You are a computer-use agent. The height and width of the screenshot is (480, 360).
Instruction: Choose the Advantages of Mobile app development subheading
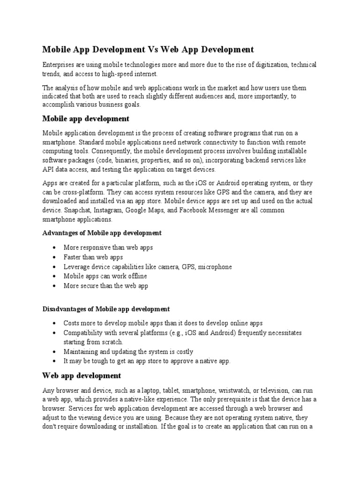click(102, 233)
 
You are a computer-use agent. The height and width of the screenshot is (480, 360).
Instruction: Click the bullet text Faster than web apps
click(93, 257)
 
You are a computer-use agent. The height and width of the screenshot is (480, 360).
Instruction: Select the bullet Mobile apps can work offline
click(105, 276)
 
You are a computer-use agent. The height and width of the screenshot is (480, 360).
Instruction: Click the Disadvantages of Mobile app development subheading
click(106, 309)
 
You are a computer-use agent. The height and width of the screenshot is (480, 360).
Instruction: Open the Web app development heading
click(82, 375)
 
